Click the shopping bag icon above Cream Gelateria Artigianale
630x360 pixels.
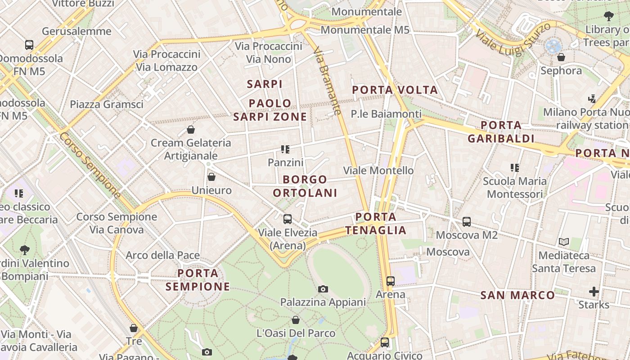(x=191, y=130)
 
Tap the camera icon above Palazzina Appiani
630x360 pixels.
(x=323, y=289)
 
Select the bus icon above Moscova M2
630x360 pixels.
(x=467, y=222)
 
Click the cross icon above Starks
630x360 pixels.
(x=594, y=292)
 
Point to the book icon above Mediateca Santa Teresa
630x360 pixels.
(x=564, y=242)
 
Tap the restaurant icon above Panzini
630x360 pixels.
(x=285, y=149)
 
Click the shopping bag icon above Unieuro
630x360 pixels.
(x=211, y=177)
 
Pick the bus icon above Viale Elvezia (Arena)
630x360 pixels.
(x=287, y=219)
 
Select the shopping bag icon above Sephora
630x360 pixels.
(x=561, y=57)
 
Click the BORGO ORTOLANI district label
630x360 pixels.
(x=305, y=186)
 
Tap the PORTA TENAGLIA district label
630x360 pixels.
(x=376, y=224)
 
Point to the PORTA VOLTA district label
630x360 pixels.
(x=395, y=90)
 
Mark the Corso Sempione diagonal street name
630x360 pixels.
(x=90, y=165)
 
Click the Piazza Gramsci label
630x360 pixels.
(x=107, y=104)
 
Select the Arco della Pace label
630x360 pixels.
(x=162, y=256)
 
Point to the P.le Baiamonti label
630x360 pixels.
(x=386, y=114)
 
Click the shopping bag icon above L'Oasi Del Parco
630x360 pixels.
(x=296, y=320)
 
